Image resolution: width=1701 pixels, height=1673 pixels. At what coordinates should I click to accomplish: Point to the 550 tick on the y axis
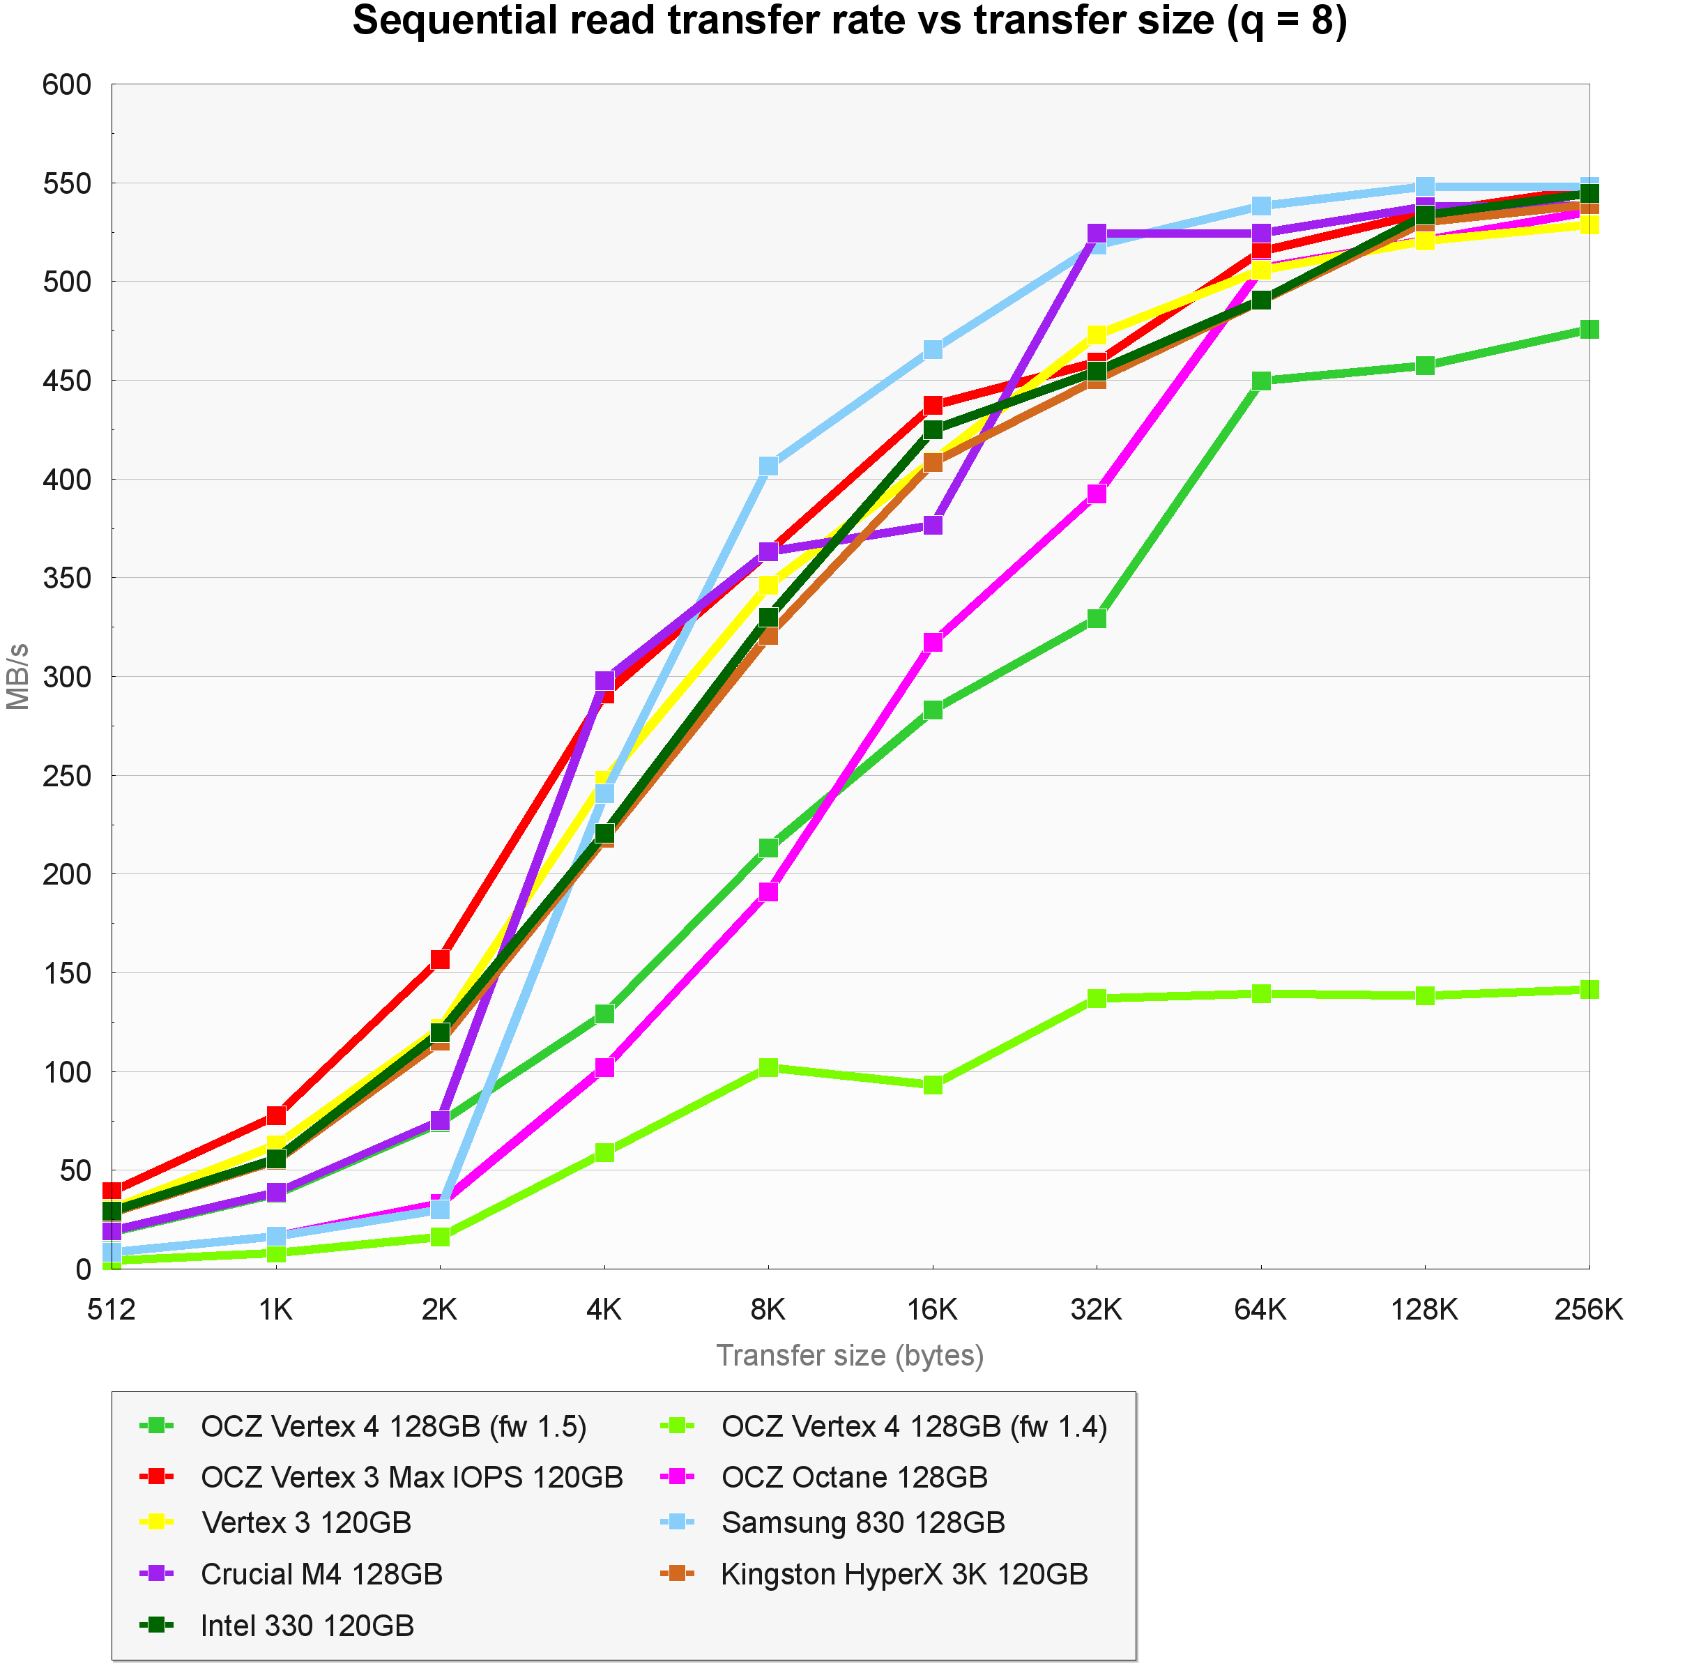tap(67, 183)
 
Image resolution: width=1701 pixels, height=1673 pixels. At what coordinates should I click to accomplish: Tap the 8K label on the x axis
tap(768, 1310)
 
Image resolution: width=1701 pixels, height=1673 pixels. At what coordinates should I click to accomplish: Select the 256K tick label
tap(1587, 1310)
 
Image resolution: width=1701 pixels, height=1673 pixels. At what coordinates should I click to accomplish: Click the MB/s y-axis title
tap(17, 677)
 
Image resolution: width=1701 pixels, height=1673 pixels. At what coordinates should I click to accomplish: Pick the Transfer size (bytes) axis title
tap(850, 1356)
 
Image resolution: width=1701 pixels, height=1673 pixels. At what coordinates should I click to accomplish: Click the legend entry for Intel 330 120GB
tap(307, 1626)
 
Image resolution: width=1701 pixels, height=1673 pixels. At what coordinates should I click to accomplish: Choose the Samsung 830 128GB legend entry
tap(863, 1522)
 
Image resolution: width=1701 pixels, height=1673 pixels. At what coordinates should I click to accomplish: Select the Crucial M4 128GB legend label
tap(321, 1574)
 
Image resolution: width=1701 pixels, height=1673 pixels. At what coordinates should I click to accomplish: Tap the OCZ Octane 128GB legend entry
tap(854, 1477)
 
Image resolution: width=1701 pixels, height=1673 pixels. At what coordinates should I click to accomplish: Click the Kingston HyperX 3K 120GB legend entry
tap(904, 1574)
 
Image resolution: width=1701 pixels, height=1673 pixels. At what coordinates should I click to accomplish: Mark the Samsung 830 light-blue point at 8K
tap(769, 466)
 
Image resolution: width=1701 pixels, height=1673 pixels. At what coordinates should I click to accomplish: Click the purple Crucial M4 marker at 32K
tap(1097, 234)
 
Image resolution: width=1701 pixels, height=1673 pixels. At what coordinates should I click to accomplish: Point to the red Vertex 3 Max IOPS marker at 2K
tap(440, 958)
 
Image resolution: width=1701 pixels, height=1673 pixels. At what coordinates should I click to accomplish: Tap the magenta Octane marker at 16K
tap(933, 642)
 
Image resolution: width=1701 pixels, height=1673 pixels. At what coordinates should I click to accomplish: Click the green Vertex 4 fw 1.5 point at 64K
tap(1261, 381)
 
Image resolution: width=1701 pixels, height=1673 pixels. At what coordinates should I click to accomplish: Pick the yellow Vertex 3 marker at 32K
tap(1097, 335)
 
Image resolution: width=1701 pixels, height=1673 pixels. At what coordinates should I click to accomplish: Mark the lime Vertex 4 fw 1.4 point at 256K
tap(1589, 989)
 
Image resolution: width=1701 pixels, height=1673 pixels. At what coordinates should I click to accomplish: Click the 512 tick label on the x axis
tap(112, 1310)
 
